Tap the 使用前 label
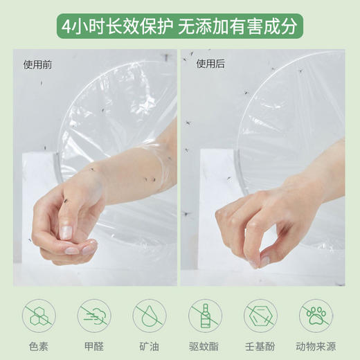(x=36, y=65)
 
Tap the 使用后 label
(x=209, y=64)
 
